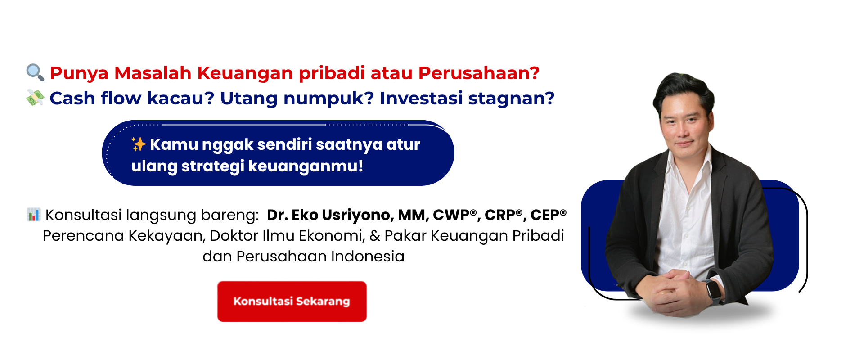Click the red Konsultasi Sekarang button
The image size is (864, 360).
tap(292, 301)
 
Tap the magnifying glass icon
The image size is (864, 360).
tap(35, 72)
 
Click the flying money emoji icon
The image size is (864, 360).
tap(35, 98)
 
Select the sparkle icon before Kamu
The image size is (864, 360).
tap(139, 144)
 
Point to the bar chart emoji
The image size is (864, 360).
tap(34, 215)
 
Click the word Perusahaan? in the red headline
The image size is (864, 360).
tap(479, 73)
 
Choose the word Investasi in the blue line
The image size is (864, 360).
tap(421, 98)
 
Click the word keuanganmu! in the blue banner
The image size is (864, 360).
tap(306, 166)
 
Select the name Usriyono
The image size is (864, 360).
tap(358, 215)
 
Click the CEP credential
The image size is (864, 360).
tap(548, 215)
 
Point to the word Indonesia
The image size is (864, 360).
tap(368, 256)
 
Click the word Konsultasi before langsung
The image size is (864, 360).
tap(83, 215)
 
